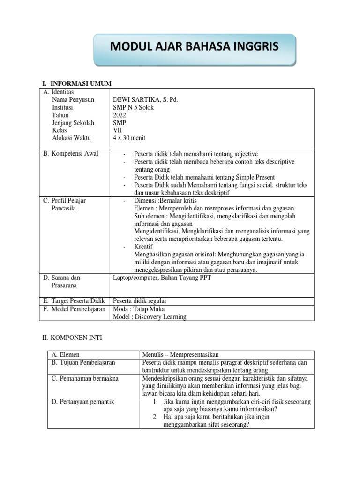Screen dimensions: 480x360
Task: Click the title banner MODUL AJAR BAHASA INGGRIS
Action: point(194,47)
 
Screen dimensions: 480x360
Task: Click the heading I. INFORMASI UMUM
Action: point(77,83)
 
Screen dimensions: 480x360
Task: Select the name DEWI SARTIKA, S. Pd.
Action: point(146,99)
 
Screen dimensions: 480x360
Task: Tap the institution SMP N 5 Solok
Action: point(134,107)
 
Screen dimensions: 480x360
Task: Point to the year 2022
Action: point(120,115)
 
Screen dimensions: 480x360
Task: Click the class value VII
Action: point(118,130)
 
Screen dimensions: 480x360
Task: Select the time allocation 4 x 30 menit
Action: point(131,138)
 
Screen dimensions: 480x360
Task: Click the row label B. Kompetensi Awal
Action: point(70,154)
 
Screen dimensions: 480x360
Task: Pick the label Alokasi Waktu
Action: point(72,138)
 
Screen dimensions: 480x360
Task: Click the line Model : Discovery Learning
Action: point(150,316)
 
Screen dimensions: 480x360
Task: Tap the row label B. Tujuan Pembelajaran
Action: point(83,362)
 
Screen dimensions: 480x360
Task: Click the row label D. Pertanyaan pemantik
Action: point(82,402)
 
